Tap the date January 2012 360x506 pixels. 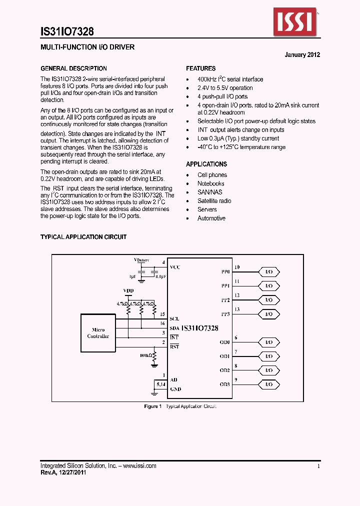coord(302,55)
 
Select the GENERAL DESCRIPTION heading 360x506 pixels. coord(73,68)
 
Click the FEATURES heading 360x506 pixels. coord(201,68)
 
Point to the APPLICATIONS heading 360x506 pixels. coord(206,164)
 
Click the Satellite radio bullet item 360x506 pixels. coord(214,201)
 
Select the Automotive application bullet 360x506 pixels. coord(211,218)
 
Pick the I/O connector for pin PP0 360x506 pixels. coord(269,271)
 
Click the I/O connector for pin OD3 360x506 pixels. coord(269,384)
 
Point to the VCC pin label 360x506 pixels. coord(175,267)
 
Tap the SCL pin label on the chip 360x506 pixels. coord(174,318)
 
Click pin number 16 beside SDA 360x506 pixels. coord(163,324)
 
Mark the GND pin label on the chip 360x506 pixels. coord(175,389)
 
